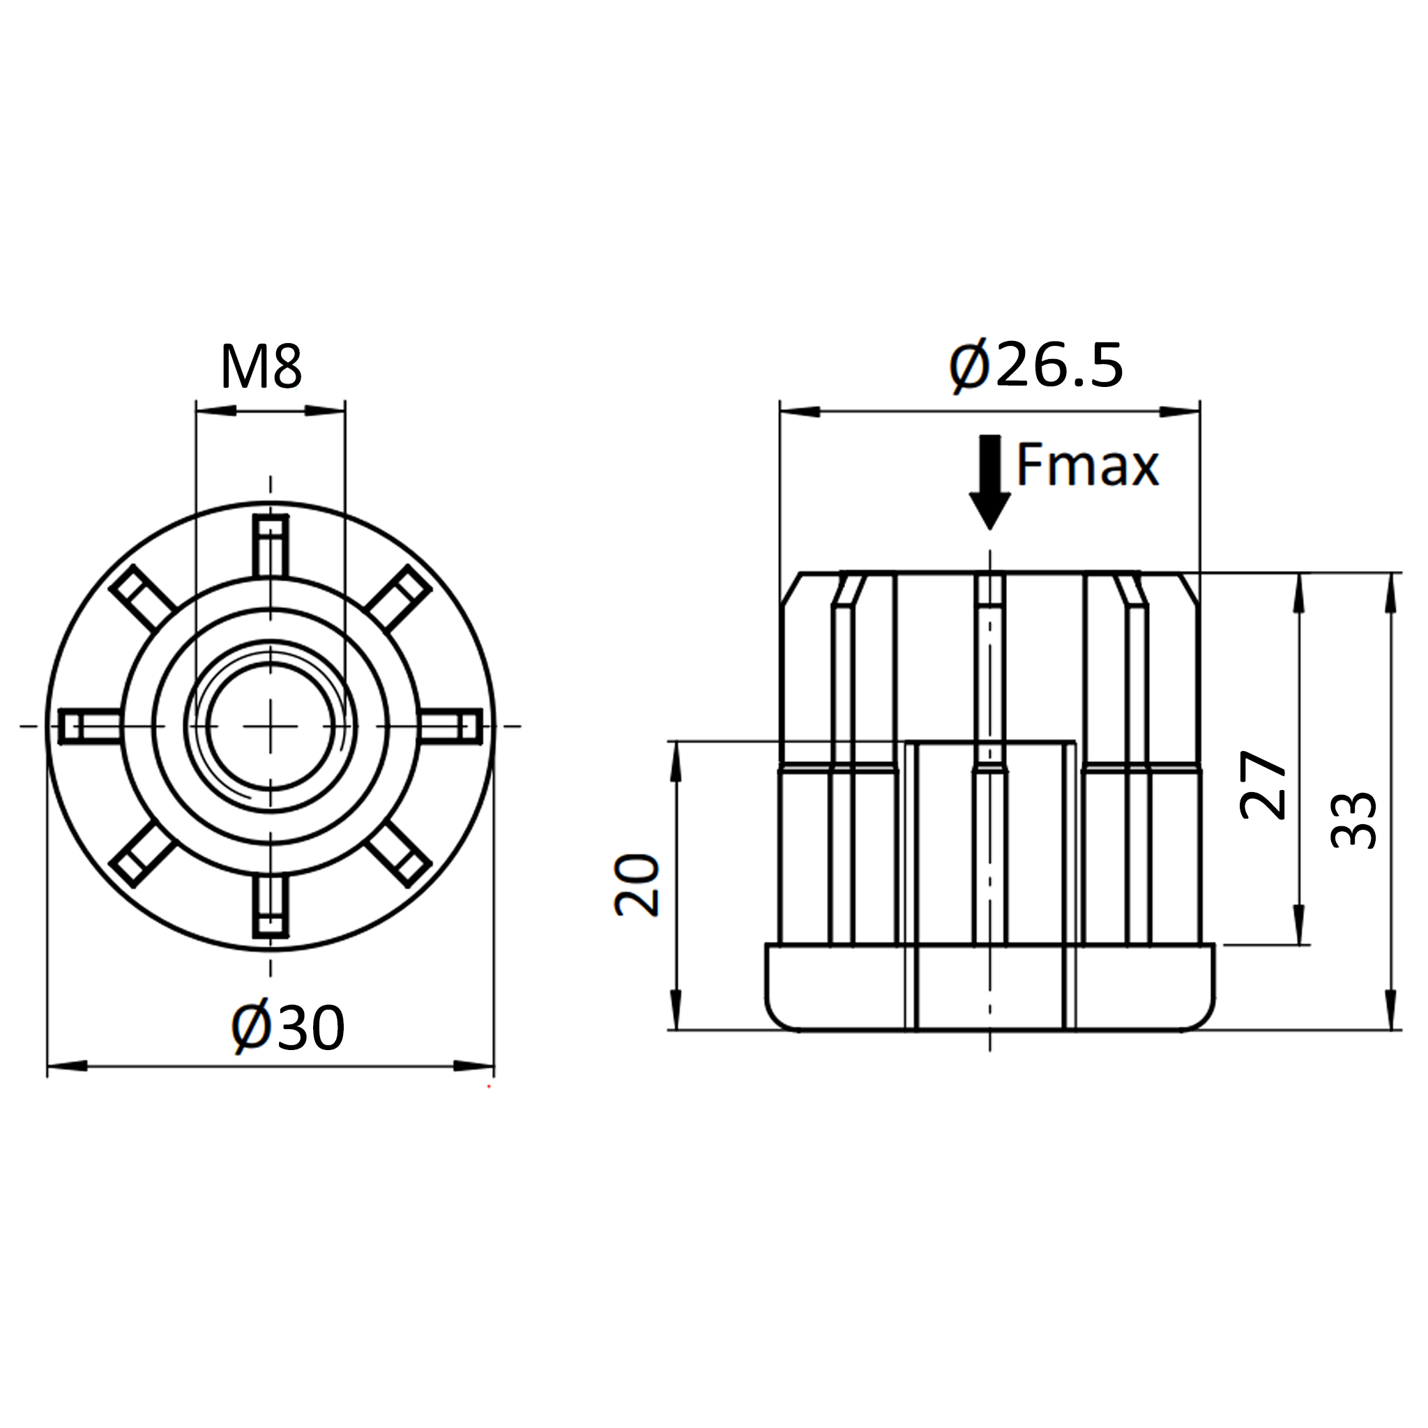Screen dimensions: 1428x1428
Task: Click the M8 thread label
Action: (261, 367)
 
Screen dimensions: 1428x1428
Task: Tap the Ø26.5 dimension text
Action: (1036, 366)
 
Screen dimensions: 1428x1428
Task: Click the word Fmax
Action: (1087, 465)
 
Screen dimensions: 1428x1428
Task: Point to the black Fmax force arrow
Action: (989, 482)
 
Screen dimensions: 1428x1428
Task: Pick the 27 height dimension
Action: (1263, 785)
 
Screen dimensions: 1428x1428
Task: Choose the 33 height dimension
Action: (1353, 820)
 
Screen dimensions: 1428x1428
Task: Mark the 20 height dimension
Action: (637, 886)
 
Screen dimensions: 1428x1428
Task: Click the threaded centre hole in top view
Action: (271, 726)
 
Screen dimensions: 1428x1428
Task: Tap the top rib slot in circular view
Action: (271, 545)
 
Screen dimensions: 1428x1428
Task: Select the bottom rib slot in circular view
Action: (271, 907)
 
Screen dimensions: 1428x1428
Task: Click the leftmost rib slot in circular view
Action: (89, 726)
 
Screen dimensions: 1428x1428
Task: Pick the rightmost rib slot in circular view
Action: (451, 726)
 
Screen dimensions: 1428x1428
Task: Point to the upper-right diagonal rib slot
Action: (398, 599)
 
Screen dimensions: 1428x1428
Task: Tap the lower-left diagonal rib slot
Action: (143, 853)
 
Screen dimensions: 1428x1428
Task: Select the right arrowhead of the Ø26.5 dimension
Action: (1180, 411)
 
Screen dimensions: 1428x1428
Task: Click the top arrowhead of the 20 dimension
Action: (676, 762)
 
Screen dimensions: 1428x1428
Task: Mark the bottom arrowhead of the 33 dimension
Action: (1392, 1009)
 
